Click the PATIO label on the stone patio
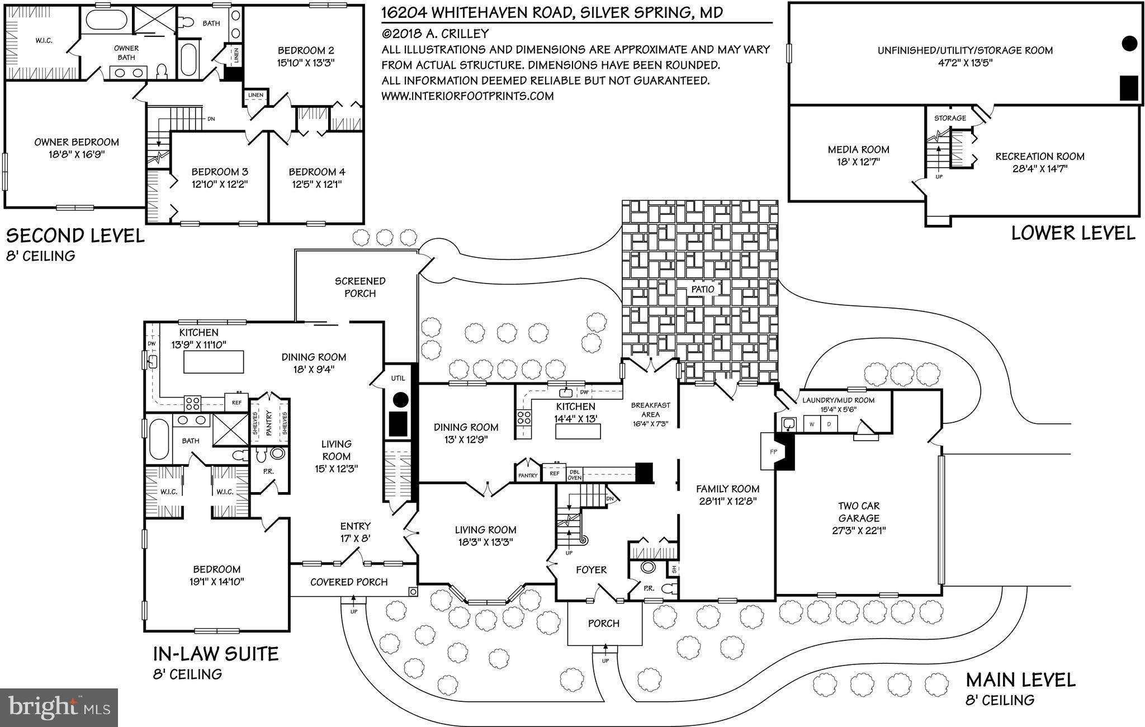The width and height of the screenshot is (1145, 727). pyautogui.click(x=702, y=289)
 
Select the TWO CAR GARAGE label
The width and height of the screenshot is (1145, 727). pyautogui.click(x=858, y=512)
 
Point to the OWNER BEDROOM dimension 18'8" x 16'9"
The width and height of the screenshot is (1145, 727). pyautogui.click(x=77, y=155)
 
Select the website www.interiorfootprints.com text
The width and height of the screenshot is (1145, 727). pyautogui.click(x=467, y=96)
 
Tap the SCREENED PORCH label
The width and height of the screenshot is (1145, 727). pyautogui.click(x=360, y=287)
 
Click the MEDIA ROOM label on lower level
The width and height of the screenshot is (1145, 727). pyautogui.click(x=858, y=150)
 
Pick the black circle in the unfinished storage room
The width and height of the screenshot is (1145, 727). pyautogui.click(x=1129, y=43)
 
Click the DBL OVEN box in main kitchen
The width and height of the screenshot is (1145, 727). pyautogui.click(x=575, y=474)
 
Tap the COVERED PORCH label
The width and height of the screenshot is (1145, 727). pyautogui.click(x=349, y=582)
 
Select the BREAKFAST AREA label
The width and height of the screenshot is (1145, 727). pyautogui.click(x=650, y=410)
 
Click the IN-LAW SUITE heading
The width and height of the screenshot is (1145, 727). pyautogui.click(x=215, y=654)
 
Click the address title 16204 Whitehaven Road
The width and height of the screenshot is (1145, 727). pyautogui.click(x=552, y=12)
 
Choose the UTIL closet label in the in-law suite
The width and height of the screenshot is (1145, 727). pyautogui.click(x=398, y=379)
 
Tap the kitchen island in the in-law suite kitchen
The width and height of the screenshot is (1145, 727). pyautogui.click(x=214, y=361)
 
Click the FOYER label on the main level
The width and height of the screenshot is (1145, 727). pyautogui.click(x=591, y=570)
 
